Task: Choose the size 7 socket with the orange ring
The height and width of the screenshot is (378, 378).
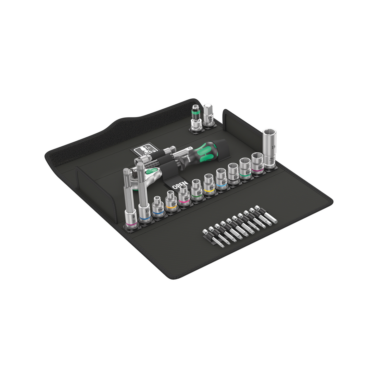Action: (171, 202)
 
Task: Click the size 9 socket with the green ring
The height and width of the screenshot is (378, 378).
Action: (196, 190)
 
